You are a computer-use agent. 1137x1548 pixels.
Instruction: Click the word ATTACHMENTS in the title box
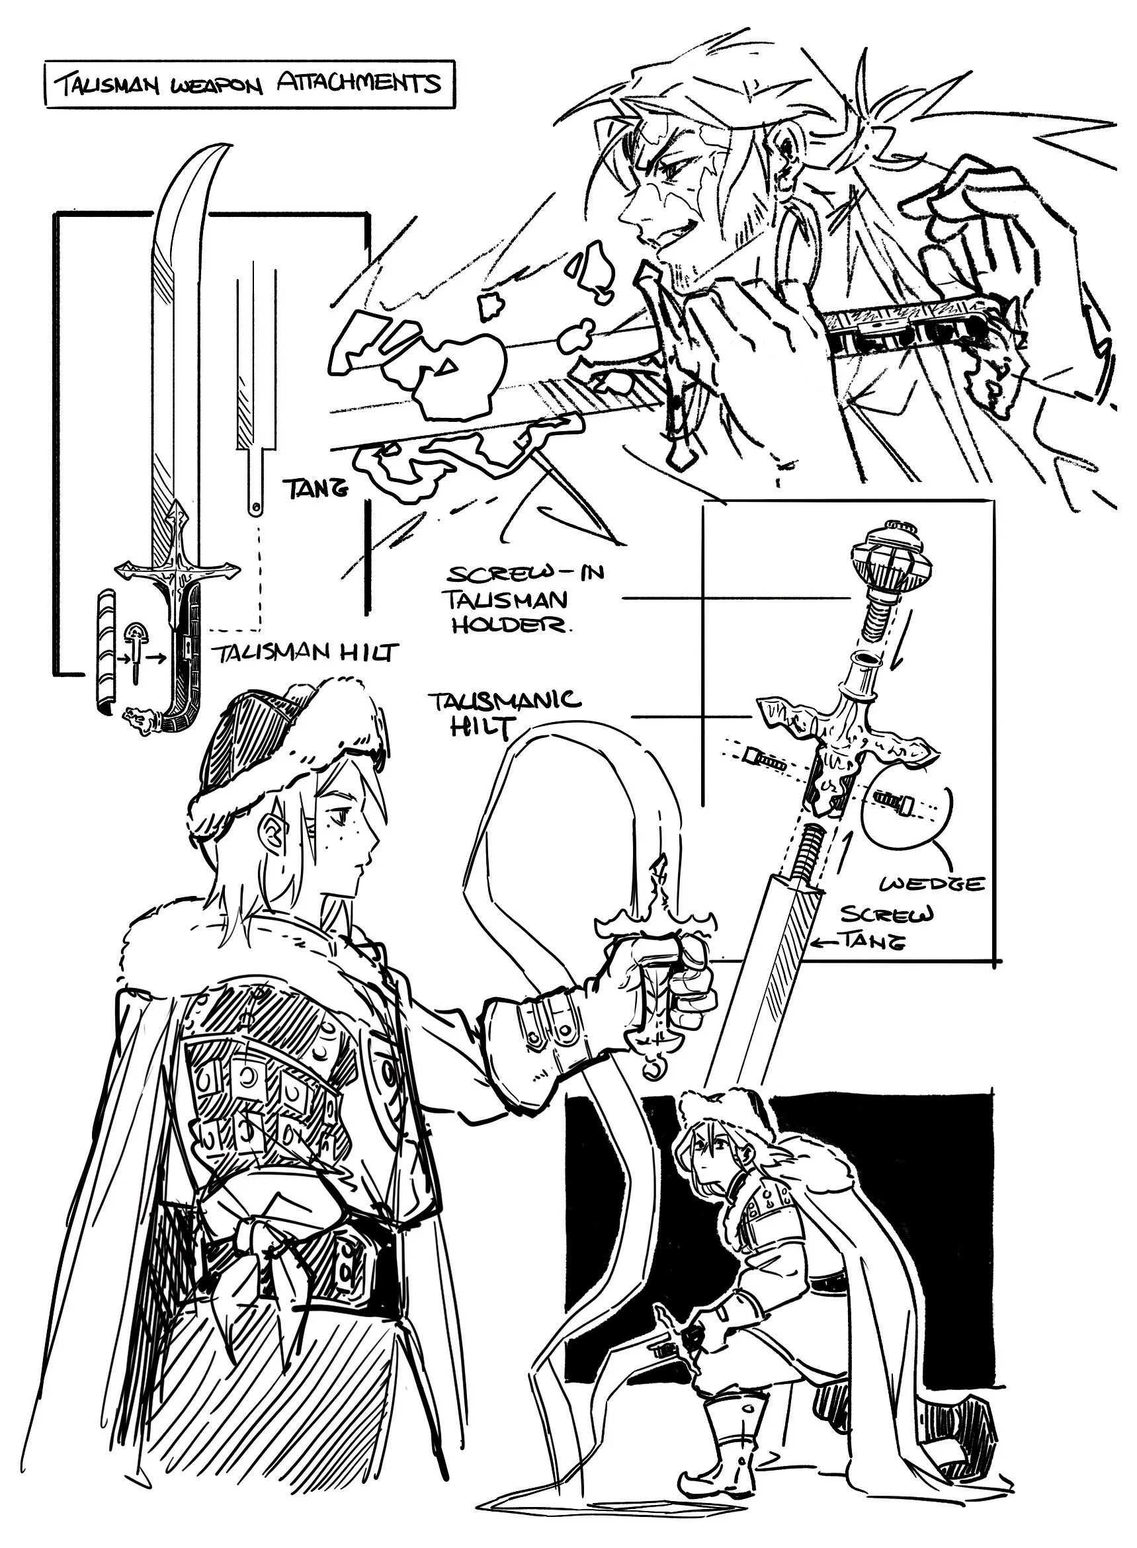tap(358, 83)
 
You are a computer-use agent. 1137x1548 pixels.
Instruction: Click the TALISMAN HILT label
tap(304, 652)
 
